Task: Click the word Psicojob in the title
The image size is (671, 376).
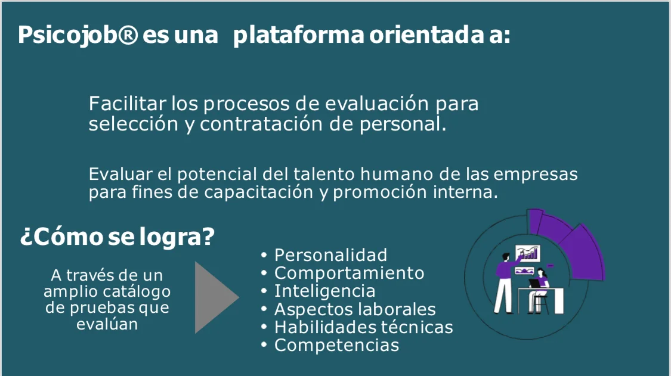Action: click(67, 35)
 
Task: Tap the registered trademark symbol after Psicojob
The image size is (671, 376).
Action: click(128, 34)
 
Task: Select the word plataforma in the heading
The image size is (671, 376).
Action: click(299, 35)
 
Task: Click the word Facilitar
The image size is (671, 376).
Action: click(127, 104)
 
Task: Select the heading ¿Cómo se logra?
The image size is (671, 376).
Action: click(117, 236)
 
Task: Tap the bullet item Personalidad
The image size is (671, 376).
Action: click(330, 255)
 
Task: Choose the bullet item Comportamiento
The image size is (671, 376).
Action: click(349, 273)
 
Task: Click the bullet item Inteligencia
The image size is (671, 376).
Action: click(325, 291)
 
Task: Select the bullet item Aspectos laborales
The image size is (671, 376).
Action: click(355, 309)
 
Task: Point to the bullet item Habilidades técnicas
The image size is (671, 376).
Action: click(363, 327)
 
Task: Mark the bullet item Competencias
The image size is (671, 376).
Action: click(336, 345)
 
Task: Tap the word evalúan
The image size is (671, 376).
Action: click(107, 324)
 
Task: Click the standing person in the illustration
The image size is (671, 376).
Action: click(506, 283)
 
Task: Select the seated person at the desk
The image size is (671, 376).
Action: click(539, 291)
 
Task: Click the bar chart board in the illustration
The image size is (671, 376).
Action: click(528, 253)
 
